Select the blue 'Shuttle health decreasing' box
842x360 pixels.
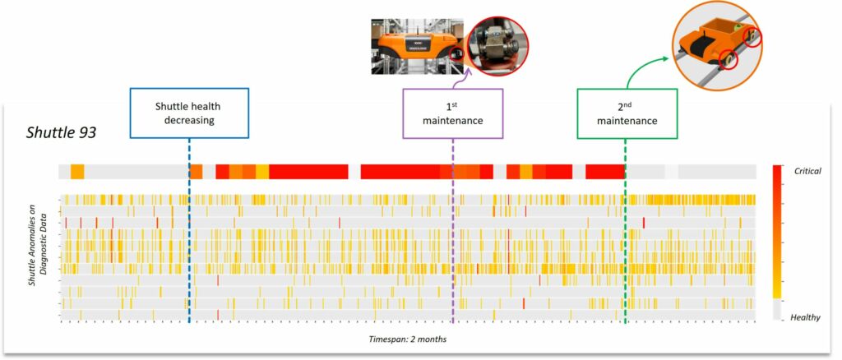187,113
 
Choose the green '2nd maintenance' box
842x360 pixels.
627,113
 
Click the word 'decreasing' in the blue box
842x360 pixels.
187,120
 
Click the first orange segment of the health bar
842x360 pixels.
77,171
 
